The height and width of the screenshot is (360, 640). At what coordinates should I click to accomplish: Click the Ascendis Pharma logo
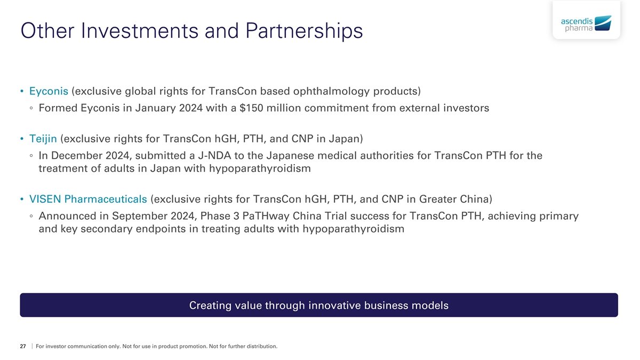(586, 23)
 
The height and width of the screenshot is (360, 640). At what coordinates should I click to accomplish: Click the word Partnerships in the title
(304, 31)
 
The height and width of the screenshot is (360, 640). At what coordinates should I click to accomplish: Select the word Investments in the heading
(140, 30)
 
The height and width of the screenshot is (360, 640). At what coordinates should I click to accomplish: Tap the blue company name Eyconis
(49, 91)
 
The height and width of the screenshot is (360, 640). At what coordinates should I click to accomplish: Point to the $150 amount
(251, 108)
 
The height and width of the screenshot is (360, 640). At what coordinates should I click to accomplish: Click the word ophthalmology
(331, 91)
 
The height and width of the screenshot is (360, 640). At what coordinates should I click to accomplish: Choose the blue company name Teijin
(43, 139)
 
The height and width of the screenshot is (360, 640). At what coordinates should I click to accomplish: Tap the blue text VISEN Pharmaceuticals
(88, 199)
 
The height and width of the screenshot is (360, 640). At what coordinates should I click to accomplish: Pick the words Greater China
(454, 199)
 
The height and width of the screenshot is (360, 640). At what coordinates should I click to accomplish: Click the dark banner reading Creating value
(319, 305)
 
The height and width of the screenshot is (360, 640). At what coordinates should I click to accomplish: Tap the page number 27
(23, 346)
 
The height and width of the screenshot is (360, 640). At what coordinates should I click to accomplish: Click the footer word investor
(55, 346)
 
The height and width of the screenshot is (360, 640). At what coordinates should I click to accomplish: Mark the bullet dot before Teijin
(22, 139)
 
